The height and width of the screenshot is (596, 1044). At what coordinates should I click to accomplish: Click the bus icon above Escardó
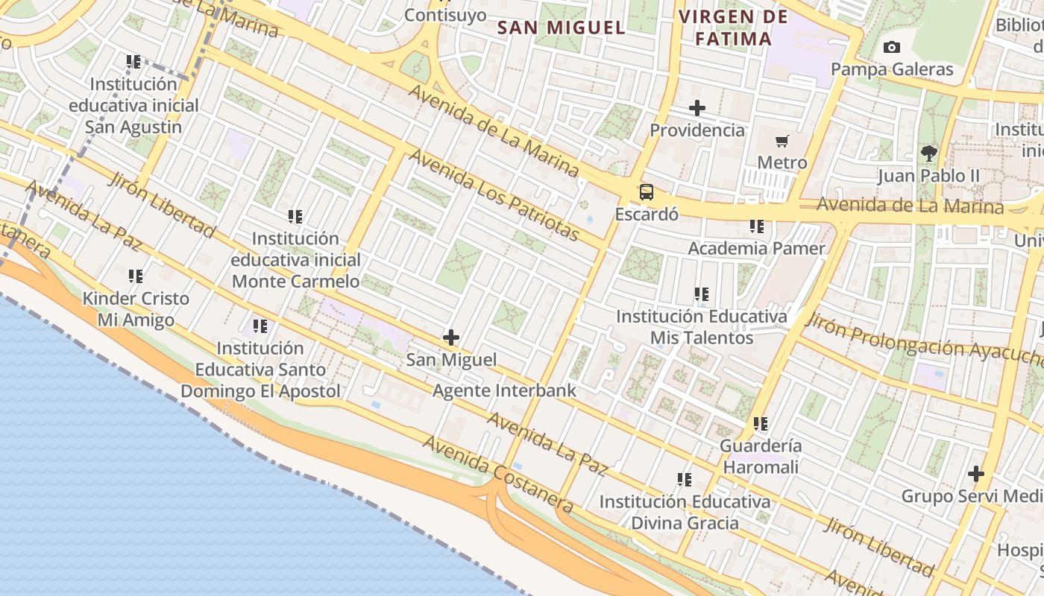click(x=647, y=192)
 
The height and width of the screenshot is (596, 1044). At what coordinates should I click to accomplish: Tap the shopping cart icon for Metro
click(x=782, y=141)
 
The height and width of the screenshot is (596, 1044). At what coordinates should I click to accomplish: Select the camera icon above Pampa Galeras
click(x=891, y=48)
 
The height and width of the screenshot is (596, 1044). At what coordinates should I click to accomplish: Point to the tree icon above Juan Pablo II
click(x=928, y=154)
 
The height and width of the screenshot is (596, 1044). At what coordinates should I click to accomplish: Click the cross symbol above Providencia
click(x=697, y=108)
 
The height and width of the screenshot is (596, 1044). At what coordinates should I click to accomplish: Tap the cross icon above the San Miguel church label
click(x=451, y=337)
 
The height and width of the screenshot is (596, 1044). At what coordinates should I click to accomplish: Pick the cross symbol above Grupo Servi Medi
click(x=976, y=474)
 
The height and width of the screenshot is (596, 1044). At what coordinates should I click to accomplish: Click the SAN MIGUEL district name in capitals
click(x=561, y=28)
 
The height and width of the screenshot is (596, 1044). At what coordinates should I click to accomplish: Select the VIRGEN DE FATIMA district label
click(x=733, y=28)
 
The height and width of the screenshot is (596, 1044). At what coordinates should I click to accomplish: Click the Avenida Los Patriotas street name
click(x=494, y=195)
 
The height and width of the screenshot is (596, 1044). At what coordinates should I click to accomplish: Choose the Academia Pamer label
click(x=756, y=248)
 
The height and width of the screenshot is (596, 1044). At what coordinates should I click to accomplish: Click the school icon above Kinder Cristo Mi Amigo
click(x=135, y=276)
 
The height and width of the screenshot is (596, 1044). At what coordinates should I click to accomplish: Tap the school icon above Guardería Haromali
click(x=760, y=424)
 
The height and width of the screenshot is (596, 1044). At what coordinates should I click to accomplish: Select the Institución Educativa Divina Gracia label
click(x=685, y=512)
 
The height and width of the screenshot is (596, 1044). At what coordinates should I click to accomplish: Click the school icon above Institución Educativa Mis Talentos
click(x=702, y=294)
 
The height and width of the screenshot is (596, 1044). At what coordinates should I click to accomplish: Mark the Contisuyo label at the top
click(x=445, y=15)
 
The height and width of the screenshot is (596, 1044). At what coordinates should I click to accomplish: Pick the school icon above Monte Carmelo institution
click(x=295, y=217)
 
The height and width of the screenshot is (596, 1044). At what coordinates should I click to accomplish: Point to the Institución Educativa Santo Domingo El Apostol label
click(x=260, y=370)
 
